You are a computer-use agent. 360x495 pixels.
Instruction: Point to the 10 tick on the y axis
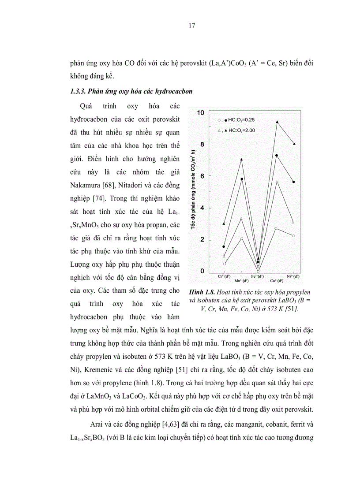pos(201,113)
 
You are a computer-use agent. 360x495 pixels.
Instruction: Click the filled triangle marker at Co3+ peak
pos(277,122)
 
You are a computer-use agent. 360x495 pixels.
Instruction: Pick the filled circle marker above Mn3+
pos(242,179)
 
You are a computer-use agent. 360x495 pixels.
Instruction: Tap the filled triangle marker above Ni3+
pos(294,144)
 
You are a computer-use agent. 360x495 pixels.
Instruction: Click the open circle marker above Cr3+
pos(225,264)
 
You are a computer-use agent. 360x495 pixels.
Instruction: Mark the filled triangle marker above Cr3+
pos(224,223)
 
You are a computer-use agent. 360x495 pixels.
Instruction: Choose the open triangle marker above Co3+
pos(277,182)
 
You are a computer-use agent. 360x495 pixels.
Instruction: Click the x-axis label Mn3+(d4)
pos(240,280)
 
